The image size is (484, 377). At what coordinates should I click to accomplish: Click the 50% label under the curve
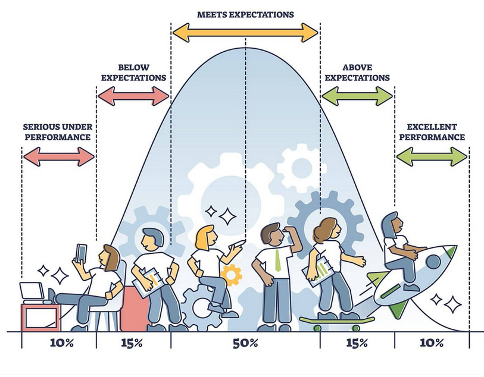point(245,343)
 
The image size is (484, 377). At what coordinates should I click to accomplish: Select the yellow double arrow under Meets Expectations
point(245,33)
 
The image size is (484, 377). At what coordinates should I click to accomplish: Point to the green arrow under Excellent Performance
point(431,157)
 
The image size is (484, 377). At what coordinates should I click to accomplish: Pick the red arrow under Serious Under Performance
point(58,156)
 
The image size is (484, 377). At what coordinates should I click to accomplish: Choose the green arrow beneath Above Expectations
point(357,95)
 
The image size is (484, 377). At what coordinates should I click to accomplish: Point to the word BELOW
point(133,67)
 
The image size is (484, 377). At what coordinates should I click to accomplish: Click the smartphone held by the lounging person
point(82,252)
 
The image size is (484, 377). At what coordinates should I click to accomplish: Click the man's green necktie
point(278,261)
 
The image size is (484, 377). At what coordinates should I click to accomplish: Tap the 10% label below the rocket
point(431,343)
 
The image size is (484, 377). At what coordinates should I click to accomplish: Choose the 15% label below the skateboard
point(357,343)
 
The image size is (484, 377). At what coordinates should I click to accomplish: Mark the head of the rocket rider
point(394,223)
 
